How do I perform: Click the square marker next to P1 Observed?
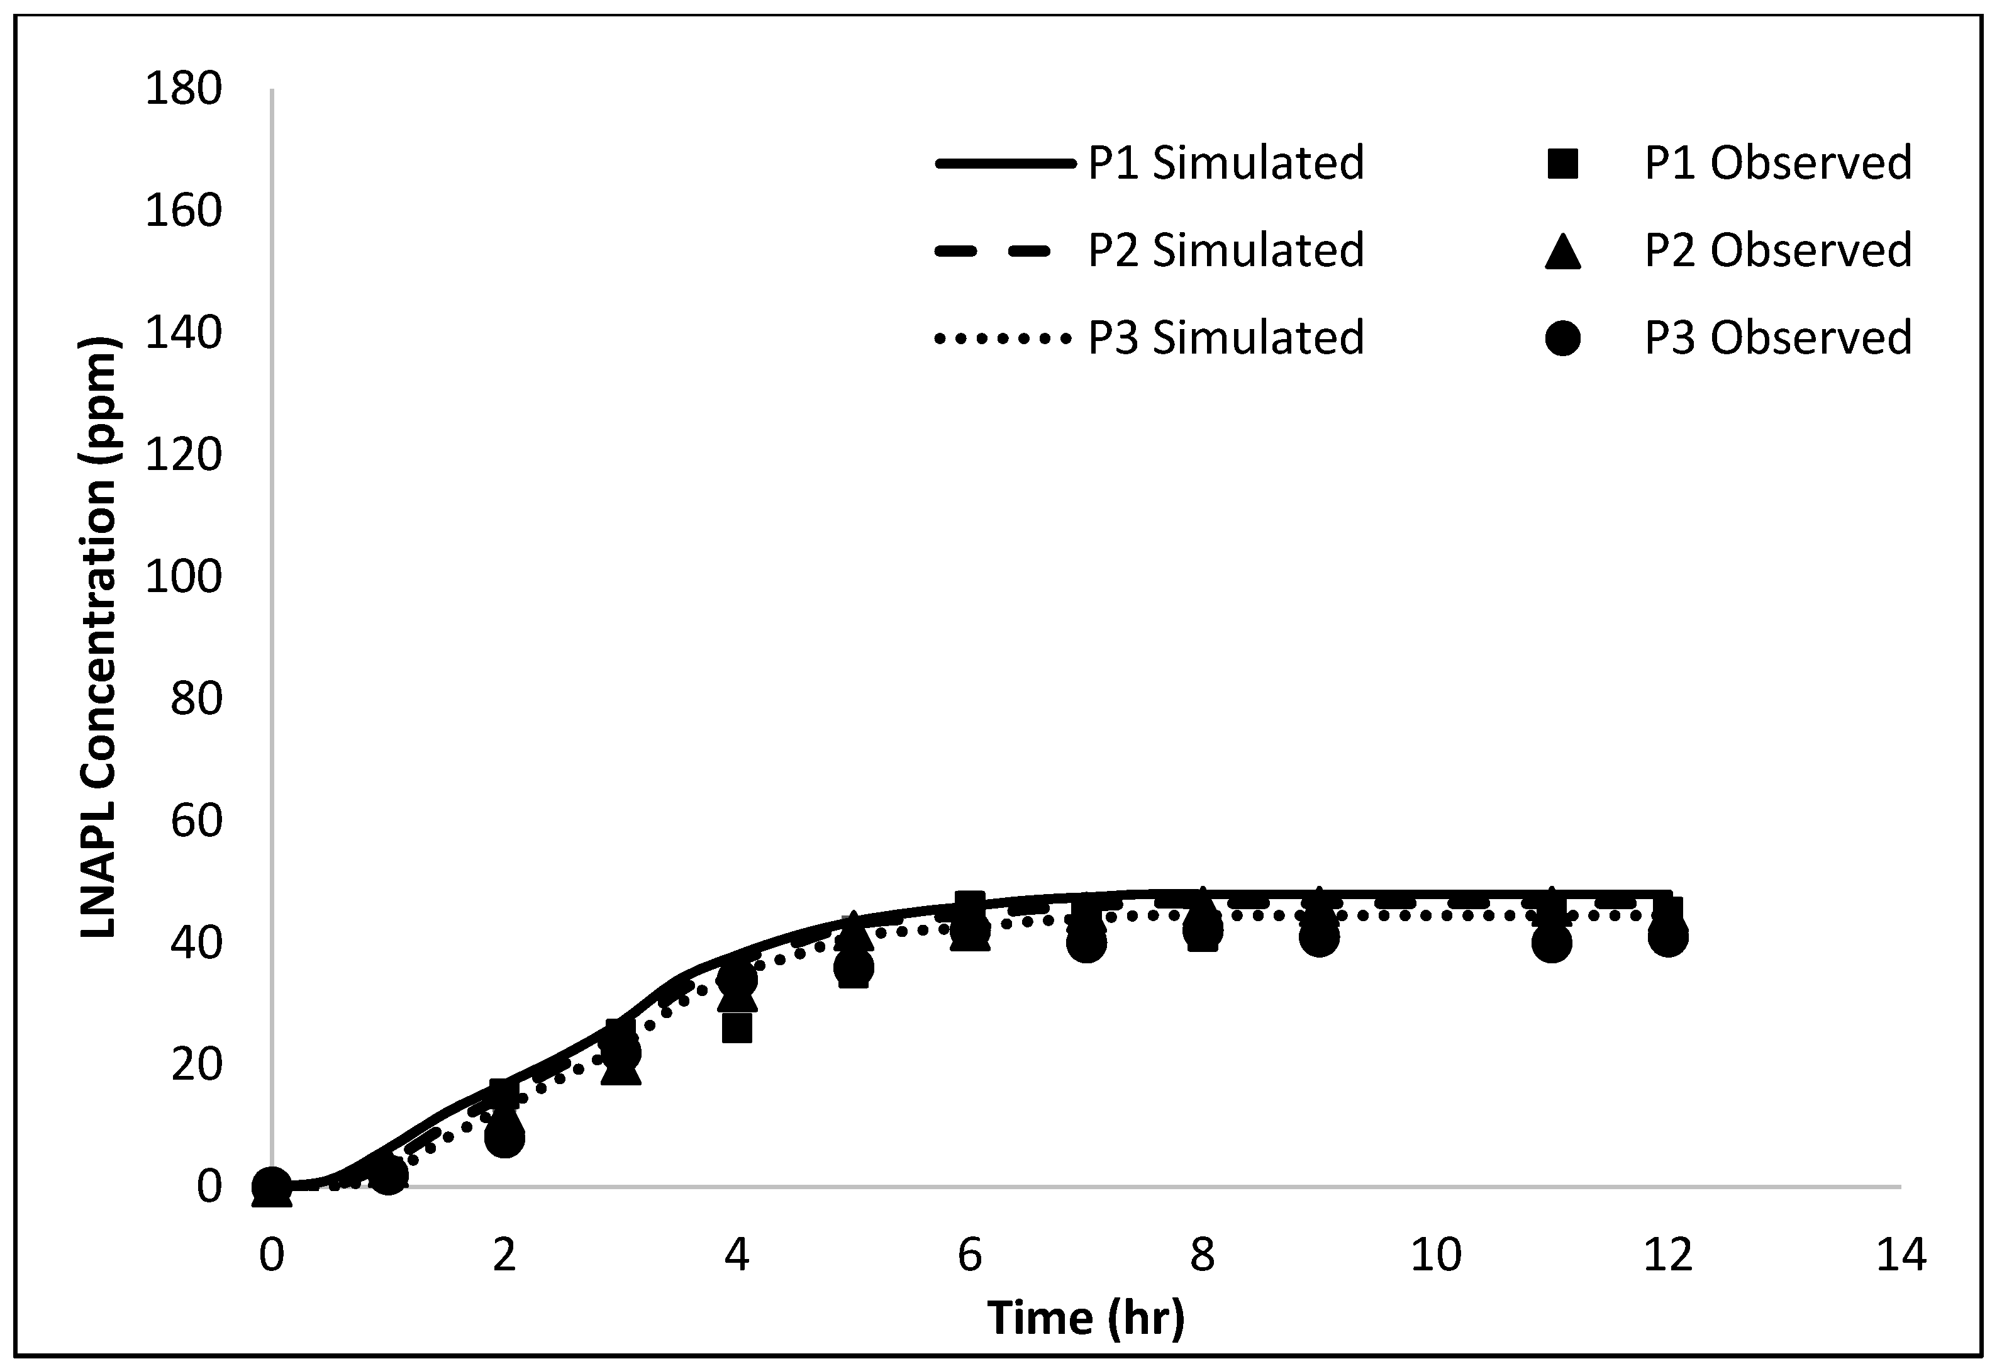(x=1562, y=164)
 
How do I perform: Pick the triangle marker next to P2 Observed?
(x=1562, y=251)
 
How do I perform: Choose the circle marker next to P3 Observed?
(x=1562, y=338)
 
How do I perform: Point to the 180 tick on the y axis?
(x=183, y=89)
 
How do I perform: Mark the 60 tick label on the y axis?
(x=196, y=820)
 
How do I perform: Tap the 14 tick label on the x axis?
(x=1901, y=1255)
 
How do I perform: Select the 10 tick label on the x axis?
(x=1435, y=1255)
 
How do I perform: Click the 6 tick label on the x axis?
(x=969, y=1255)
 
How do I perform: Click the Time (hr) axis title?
(x=1085, y=1317)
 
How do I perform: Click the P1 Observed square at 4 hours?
(x=737, y=1027)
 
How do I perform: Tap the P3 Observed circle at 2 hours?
(x=504, y=1138)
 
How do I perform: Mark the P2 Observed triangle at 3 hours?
(x=620, y=1070)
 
